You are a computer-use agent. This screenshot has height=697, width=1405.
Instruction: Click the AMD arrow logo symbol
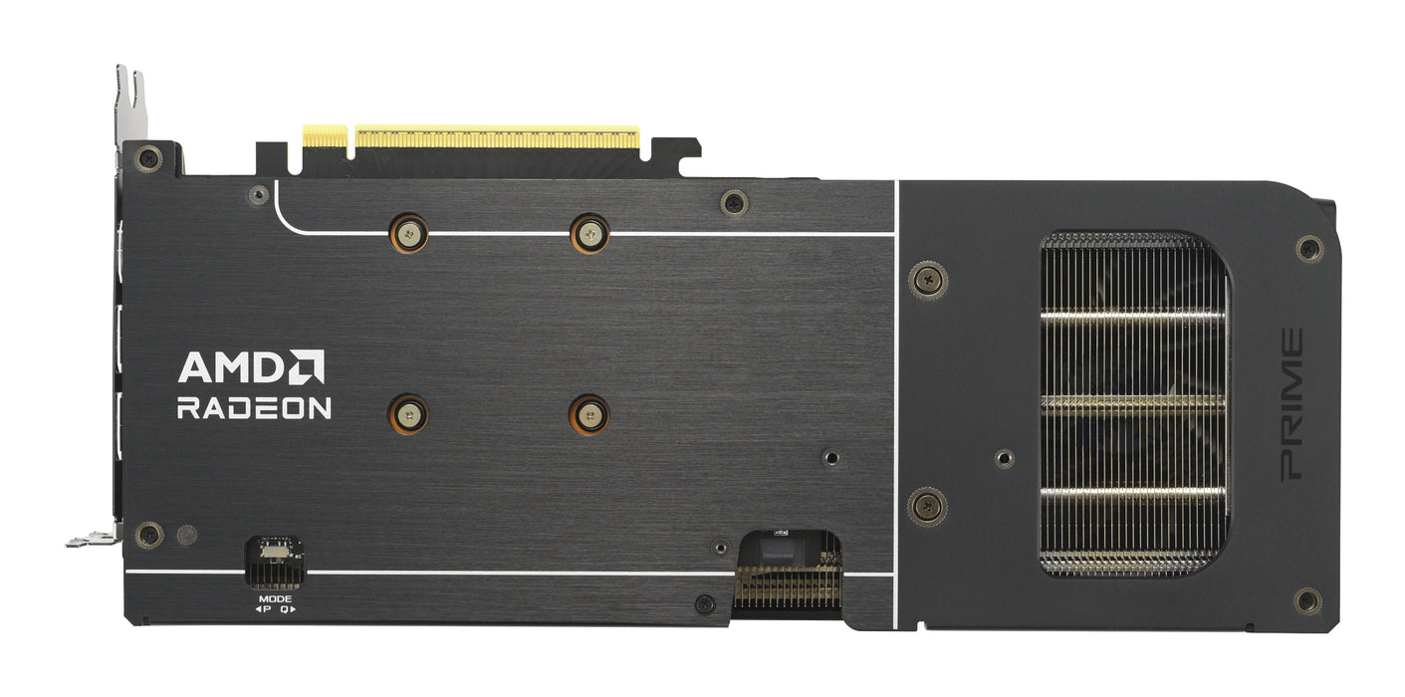click(x=307, y=366)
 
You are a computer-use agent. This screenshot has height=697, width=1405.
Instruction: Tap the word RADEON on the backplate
click(x=254, y=408)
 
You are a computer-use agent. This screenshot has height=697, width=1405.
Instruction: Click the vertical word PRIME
click(x=1290, y=403)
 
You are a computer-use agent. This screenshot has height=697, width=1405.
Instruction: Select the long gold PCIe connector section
click(x=496, y=137)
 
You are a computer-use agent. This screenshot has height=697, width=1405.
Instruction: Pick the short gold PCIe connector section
click(x=325, y=136)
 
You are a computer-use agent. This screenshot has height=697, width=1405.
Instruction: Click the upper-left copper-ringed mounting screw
click(x=408, y=234)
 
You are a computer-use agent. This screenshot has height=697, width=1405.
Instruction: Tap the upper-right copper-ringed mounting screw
click(x=588, y=234)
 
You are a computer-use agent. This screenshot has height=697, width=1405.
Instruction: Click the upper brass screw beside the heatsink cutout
click(x=927, y=278)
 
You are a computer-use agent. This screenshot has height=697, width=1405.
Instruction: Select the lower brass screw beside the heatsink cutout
click(x=927, y=505)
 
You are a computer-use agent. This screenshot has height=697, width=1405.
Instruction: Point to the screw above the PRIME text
click(x=1309, y=248)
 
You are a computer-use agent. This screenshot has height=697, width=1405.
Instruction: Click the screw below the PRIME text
click(x=1307, y=600)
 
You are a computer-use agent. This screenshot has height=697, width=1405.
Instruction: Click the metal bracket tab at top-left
click(x=130, y=101)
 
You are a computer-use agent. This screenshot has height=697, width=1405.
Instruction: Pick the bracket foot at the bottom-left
click(x=91, y=541)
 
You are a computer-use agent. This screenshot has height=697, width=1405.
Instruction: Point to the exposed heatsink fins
click(x=1133, y=403)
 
